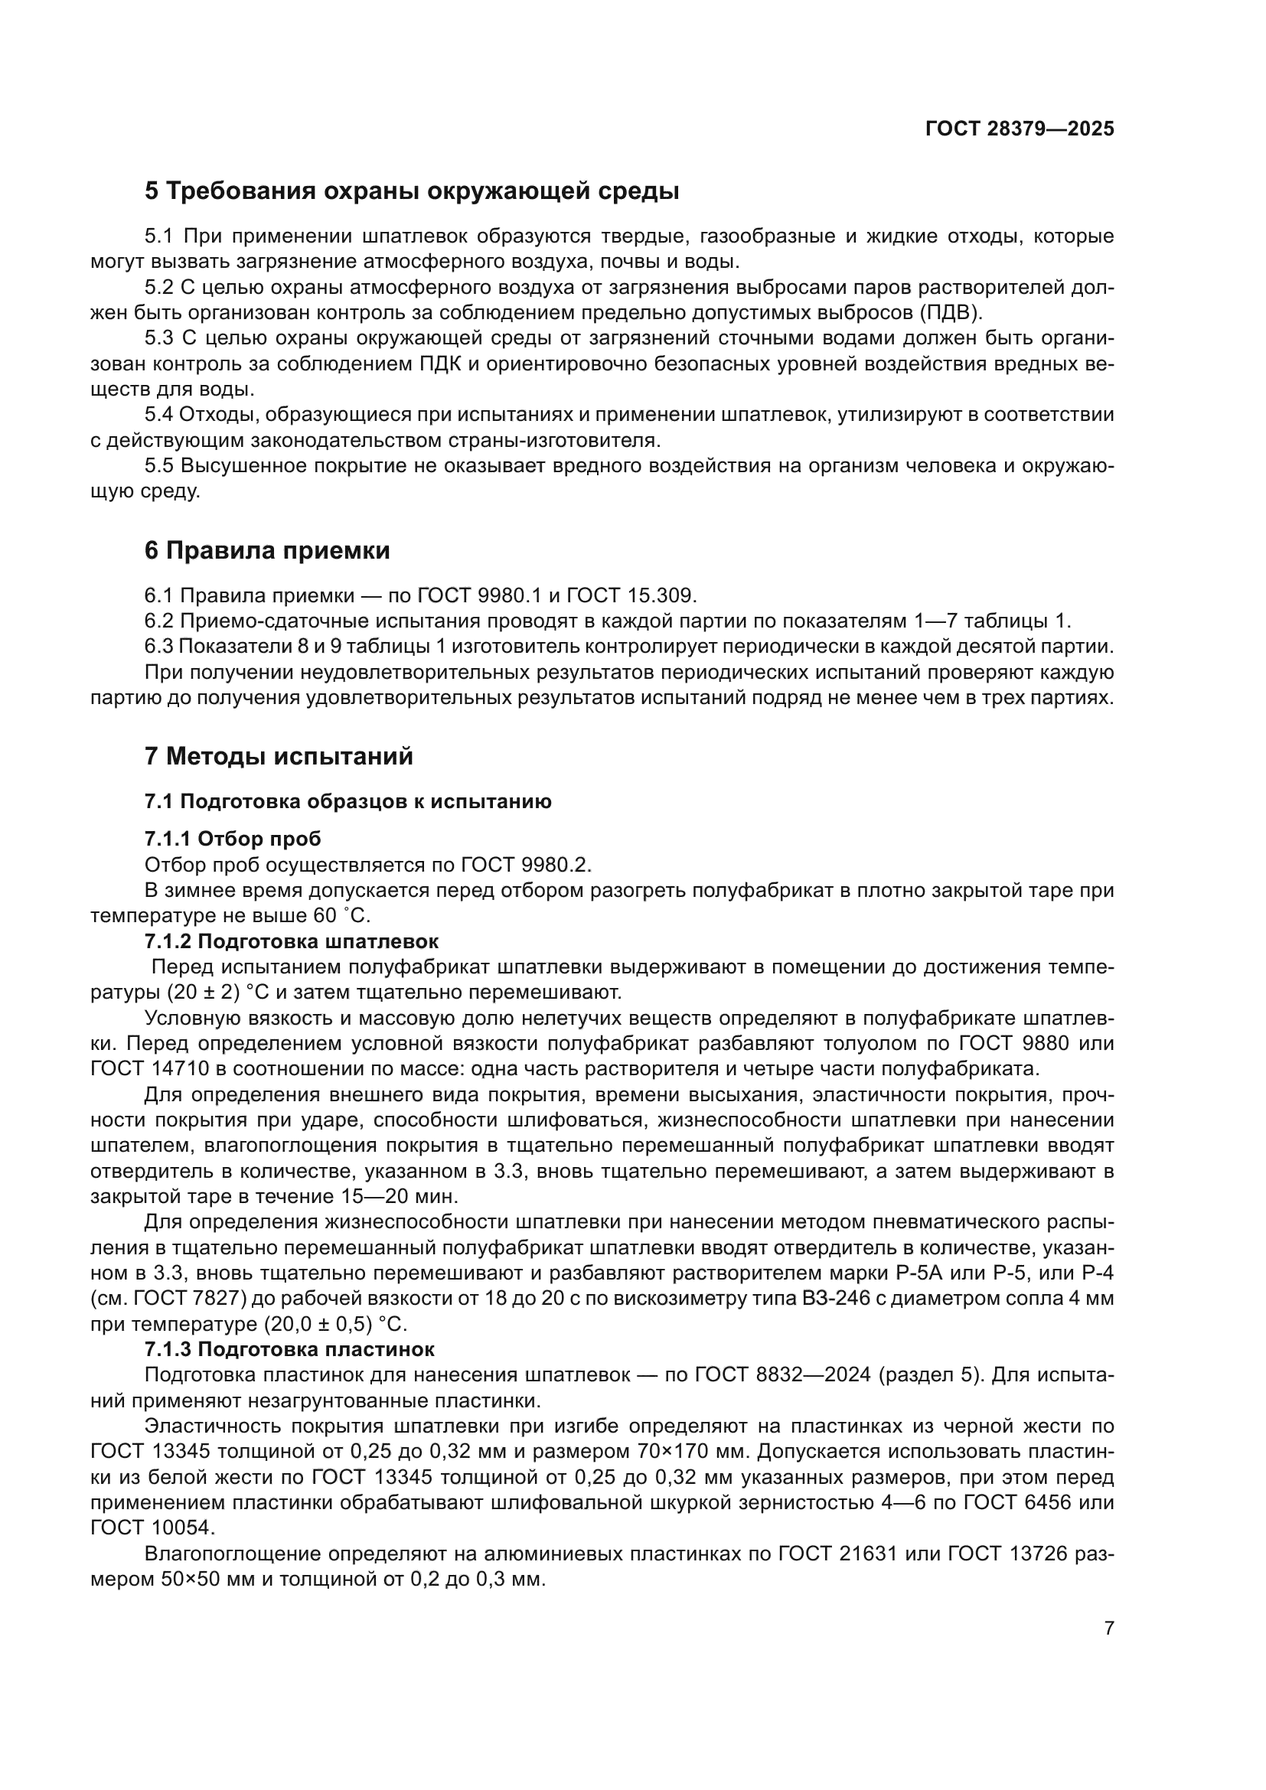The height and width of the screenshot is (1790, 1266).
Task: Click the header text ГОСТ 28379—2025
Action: tap(1019, 129)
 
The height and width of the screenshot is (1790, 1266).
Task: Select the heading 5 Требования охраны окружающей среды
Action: tap(412, 191)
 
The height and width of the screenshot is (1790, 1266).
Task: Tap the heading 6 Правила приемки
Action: tap(266, 550)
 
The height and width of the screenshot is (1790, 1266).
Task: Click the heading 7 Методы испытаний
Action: tap(279, 756)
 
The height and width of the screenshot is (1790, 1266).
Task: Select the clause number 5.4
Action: tap(161, 415)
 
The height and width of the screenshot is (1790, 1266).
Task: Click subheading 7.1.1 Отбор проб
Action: tap(233, 839)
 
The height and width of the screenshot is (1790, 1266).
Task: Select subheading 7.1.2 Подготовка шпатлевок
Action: tap(291, 941)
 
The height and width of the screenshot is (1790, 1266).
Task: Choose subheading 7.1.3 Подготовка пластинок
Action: tap(289, 1349)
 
